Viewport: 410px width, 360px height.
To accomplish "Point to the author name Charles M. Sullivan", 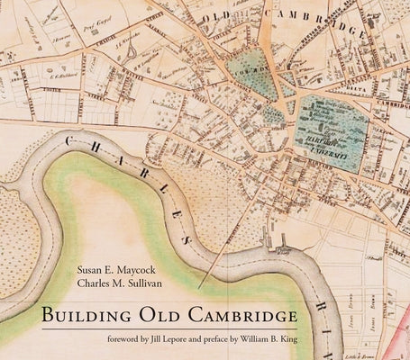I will pyautogui.click(x=118, y=287).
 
